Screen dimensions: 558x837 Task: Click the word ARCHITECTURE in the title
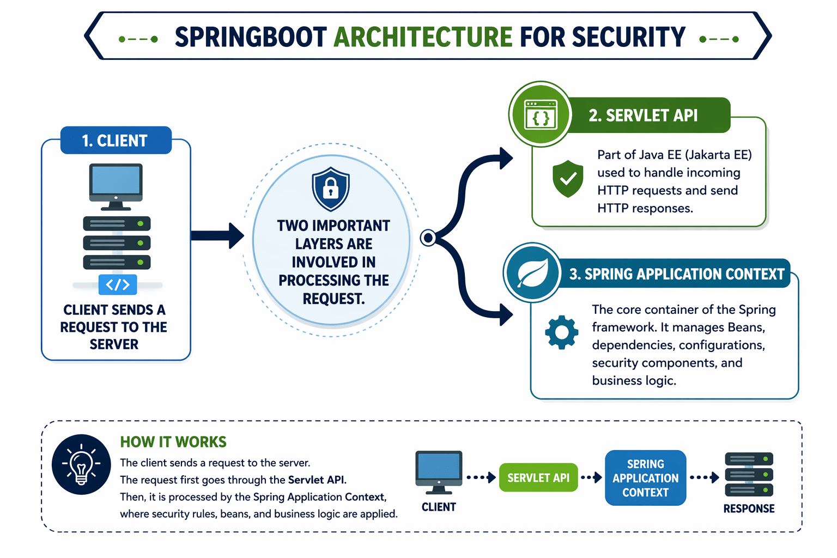point(423,37)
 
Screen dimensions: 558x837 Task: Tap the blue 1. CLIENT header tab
point(116,141)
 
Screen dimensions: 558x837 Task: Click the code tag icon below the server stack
point(118,284)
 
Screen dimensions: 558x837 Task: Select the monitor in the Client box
point(116,186)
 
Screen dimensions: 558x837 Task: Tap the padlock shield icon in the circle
point(331,189)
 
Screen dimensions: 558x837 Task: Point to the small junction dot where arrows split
point(428,238)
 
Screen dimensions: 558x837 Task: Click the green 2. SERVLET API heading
point(643,116)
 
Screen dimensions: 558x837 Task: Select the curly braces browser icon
point(540,115)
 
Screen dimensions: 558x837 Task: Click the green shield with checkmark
point(568,178)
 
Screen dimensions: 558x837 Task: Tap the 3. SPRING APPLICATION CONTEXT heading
point(676,274)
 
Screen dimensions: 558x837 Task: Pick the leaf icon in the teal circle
point(532,272)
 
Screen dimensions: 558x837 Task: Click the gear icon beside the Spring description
point(562,332)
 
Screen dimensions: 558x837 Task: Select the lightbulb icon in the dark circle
point(81,464)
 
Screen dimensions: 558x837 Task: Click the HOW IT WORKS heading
point(173,441)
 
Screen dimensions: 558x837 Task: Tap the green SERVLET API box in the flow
point(538,478)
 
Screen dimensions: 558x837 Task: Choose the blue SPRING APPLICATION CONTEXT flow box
point(645,478)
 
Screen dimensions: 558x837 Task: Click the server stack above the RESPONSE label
point(749,474)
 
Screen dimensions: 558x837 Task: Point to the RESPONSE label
point(749,508)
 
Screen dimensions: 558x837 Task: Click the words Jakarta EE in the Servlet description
point(718,155)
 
